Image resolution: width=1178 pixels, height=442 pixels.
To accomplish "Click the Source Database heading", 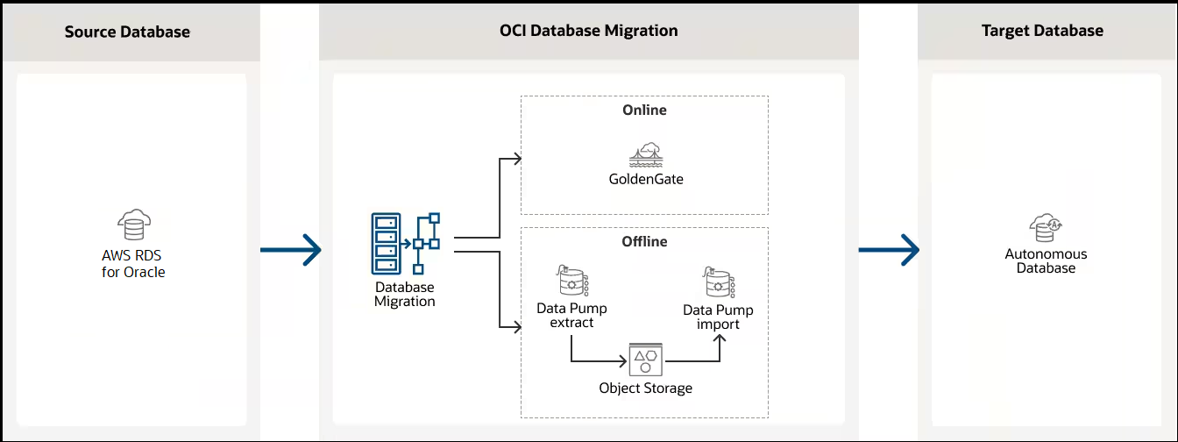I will [x=127, y=32].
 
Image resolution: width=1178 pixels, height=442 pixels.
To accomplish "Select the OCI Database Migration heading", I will [x=588, y=31].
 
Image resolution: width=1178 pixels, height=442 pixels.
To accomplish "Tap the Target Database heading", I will [x=1042, y=31].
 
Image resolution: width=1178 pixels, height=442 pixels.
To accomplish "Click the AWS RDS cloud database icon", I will [x=133, y=225].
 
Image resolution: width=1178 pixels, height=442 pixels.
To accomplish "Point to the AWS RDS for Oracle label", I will [x=133, y=263].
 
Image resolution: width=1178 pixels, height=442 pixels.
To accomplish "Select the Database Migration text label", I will [x=405, y=294].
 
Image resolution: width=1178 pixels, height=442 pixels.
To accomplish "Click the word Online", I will [x=644, y=110].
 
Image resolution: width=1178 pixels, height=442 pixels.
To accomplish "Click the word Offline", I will [x=644, y=241].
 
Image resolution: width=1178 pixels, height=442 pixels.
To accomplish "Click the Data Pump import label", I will [x=718, y=317].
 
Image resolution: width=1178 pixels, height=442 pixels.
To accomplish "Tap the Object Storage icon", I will [x=645, y=360].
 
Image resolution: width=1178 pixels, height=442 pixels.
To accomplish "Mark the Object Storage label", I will [x=645, y=388].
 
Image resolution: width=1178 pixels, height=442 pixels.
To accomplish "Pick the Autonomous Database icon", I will [x=1046, y=227].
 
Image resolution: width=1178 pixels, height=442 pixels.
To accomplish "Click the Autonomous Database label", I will [x=1046, y=260].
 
